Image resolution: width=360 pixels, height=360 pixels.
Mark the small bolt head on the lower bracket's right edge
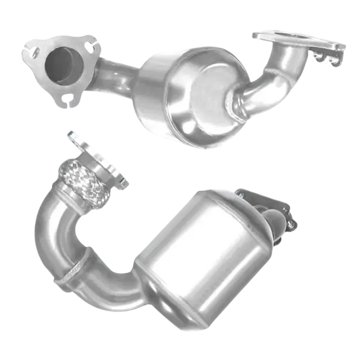pyautogui.click(x=294, y=222)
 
